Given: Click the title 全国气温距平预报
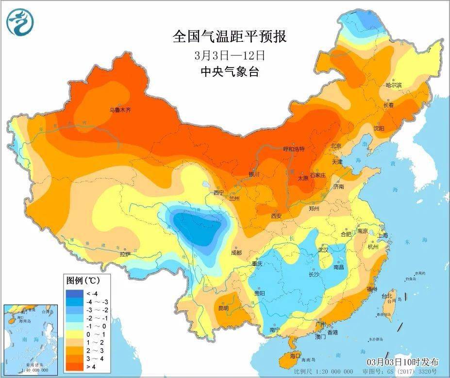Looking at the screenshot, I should coord(229,36).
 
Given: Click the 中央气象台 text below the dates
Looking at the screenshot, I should coord(229,72).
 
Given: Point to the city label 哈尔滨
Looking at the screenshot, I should coord(394,85).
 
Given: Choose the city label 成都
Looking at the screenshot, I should coord(236,252).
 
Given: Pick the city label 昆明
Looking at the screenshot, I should coord(223,308).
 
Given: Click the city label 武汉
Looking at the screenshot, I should coord(323,250).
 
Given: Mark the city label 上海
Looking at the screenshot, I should coord(382,236).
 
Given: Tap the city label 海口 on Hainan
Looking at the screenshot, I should coord(295,356).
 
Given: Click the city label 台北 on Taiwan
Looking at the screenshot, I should coord(387,296).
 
